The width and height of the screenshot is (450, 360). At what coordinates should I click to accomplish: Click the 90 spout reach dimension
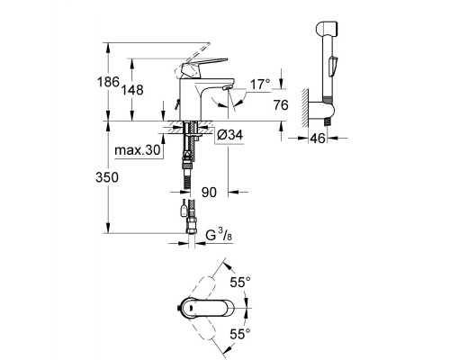pyautogui.click(x=210, y=193)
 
